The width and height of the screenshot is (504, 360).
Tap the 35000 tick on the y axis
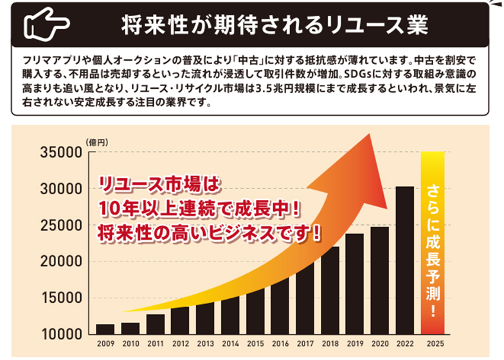tap(60, 152)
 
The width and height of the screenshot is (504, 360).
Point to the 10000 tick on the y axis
tap(60, 334)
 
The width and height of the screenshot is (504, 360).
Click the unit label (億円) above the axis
tap(94, 141)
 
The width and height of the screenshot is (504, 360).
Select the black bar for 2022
tap(405, 260)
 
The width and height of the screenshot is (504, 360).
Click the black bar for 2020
tap(379, 280)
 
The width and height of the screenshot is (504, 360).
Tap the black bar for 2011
tap(156, 324)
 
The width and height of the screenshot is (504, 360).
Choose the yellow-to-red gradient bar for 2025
tap(432, 243)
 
